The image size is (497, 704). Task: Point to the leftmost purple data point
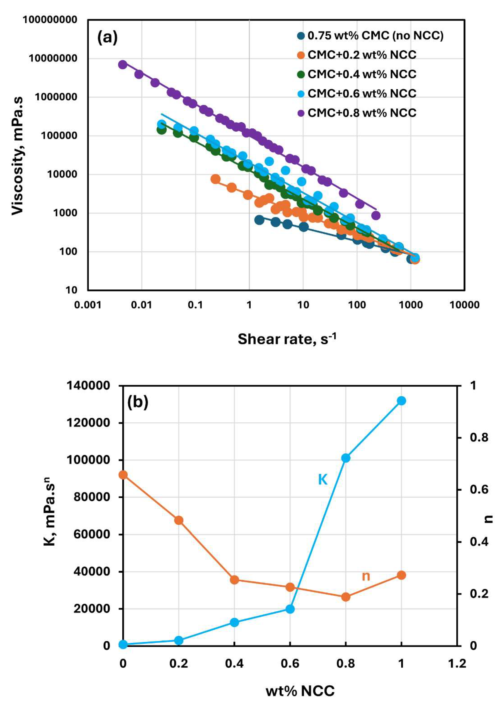coord(123,64)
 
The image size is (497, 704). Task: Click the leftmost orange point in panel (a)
coord(215,179)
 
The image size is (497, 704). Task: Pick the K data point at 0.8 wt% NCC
coord(346,458)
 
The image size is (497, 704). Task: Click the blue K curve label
coord(323,479)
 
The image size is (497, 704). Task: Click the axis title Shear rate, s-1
coord(287,339)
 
